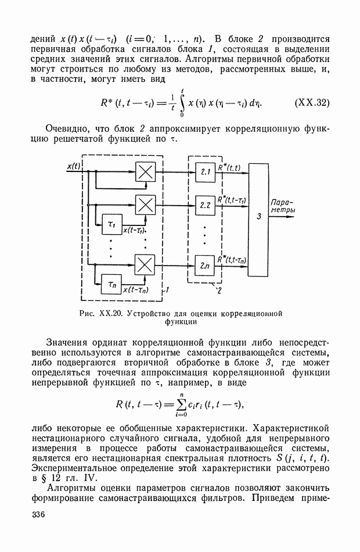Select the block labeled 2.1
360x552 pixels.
[204, 172]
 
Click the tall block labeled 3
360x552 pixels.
[258, 220]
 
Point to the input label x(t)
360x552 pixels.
[74, 166]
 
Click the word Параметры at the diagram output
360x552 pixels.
[283, 206]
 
